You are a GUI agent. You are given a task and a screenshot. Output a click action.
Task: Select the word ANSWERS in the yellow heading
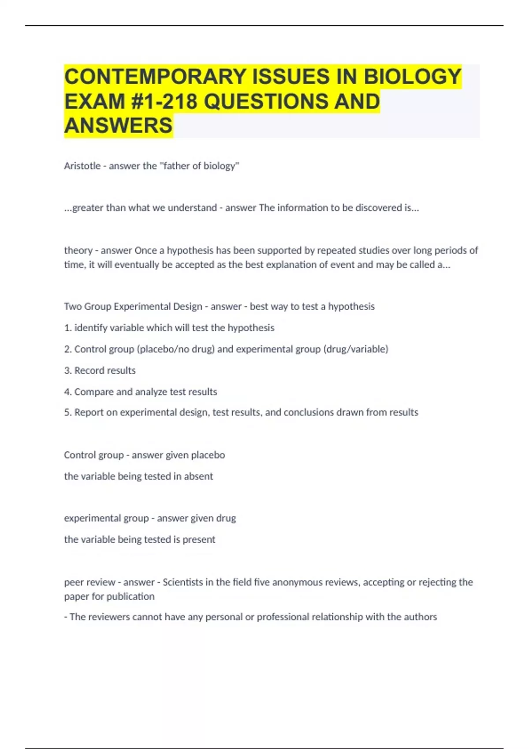click(x=118, y=126)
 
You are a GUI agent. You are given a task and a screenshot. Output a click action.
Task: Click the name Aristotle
click(x=82, y=166)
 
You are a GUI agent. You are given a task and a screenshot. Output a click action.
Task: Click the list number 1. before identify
click(x=68, y=328)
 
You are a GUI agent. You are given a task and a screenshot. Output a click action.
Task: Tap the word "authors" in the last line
click(x=420, y=617)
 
